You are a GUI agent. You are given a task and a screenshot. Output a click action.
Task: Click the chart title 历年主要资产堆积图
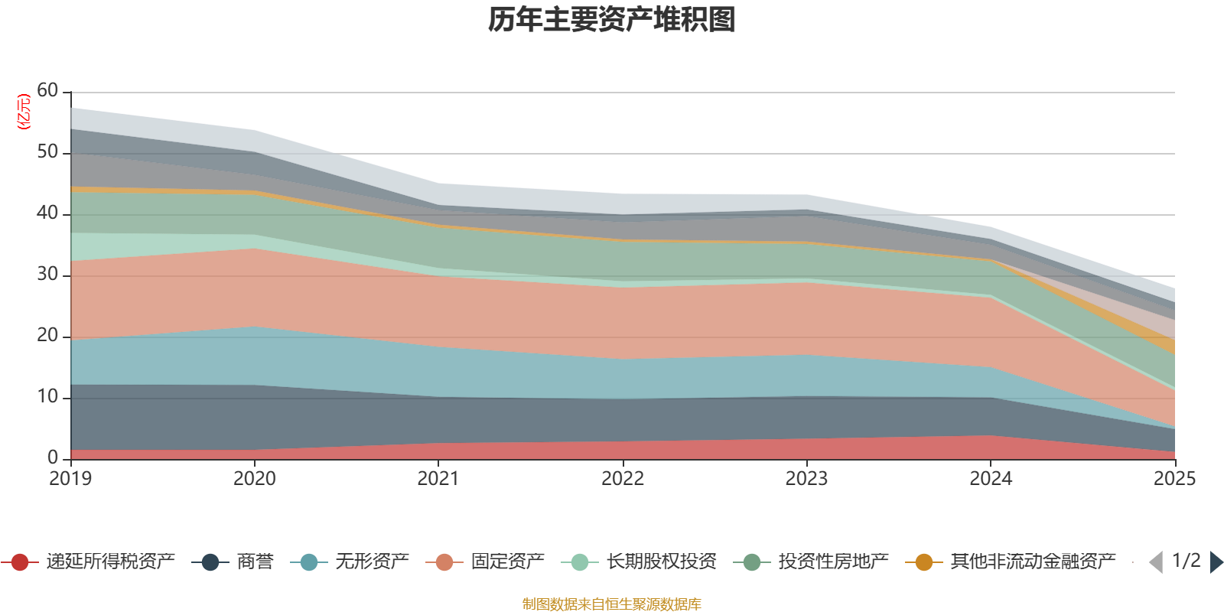pos(612,20)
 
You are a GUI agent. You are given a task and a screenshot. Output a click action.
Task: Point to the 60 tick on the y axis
pos(47,91)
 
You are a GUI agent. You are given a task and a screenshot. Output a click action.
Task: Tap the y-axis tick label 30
pos(47,275)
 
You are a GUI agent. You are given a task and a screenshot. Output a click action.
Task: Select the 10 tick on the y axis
pos(47,397)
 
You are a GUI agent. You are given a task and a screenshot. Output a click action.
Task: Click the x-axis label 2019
pos(70,479)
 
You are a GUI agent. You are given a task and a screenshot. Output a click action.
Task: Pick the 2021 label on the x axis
pos(438,479)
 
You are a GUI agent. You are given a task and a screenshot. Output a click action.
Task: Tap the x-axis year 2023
pos(806,479)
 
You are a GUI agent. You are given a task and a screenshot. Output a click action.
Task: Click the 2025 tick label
pos(1174,479)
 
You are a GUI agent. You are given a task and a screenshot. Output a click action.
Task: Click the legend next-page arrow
pos(1216,562)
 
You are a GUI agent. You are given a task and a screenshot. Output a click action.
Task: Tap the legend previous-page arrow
pos(1156,562)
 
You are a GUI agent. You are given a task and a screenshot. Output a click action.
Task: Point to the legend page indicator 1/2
pos(1187,561)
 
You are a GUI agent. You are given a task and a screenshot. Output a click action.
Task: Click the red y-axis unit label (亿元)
pos(24,112)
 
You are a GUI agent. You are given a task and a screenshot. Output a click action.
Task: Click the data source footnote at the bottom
pos(611,604)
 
